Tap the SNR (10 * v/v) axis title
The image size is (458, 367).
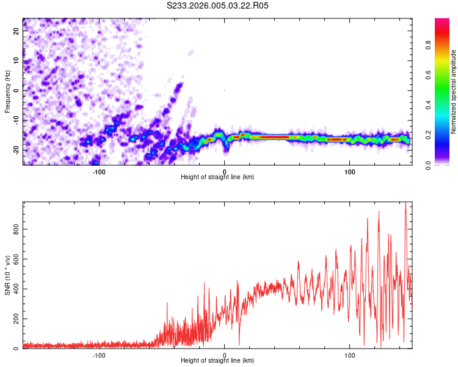coord(7,275)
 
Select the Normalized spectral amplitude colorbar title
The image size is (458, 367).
coord(454,92)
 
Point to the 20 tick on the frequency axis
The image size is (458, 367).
coord(16,30)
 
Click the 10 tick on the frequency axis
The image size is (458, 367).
coord(16,60)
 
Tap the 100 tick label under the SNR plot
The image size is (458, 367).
coord(350,355)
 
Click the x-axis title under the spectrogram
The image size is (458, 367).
coord(217,177)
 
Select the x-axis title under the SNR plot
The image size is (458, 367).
coord(217,361)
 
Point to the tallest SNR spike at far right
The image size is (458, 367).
coord(405,204)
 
